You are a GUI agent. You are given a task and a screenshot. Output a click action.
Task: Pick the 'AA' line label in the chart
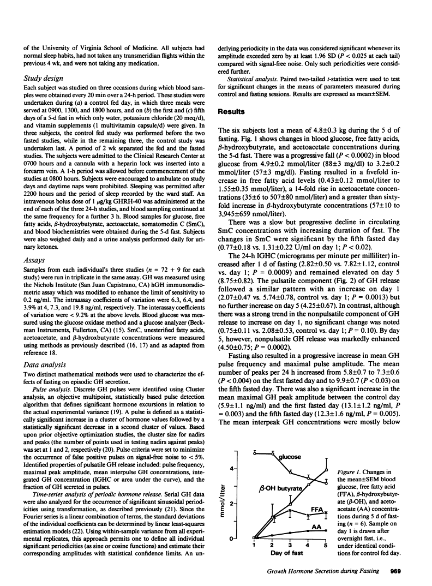click(315, 527)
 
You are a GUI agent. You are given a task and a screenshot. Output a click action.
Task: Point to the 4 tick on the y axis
click(232, 469)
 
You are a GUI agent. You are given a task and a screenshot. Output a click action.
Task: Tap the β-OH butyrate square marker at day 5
click(326, 470)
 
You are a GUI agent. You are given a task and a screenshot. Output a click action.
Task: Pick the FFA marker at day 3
click(291, 511)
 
